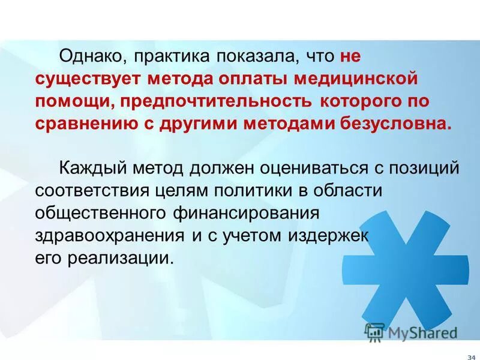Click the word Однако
point(92,58)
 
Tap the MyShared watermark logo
point(412,332)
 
